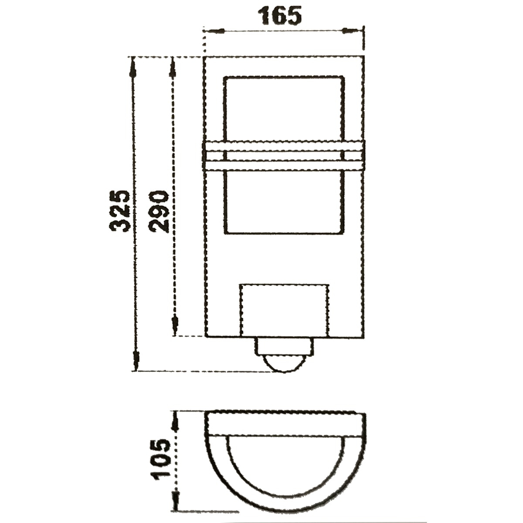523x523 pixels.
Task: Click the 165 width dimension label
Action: [281, 16]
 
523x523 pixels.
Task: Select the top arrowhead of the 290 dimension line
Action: [173, 68]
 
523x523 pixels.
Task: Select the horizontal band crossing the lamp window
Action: [284, 156]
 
